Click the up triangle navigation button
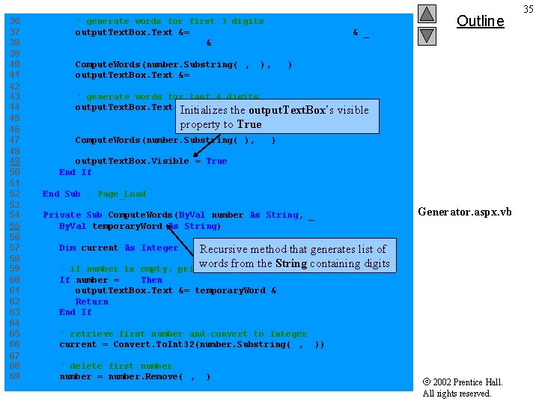[427, 14]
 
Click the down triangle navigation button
[427, 35]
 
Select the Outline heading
[480, 21]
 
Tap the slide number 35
[529, 9]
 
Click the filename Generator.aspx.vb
[465, 212]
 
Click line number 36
[13, 21]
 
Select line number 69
[13, 376]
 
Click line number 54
[13, 215]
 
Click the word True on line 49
[216, 161]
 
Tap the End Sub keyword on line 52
[61, 194]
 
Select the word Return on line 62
[91, 302]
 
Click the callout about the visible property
[278, 117]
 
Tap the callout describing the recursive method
[293, 256]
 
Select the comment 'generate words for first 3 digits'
[170, 21]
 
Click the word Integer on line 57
[159, 248]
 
